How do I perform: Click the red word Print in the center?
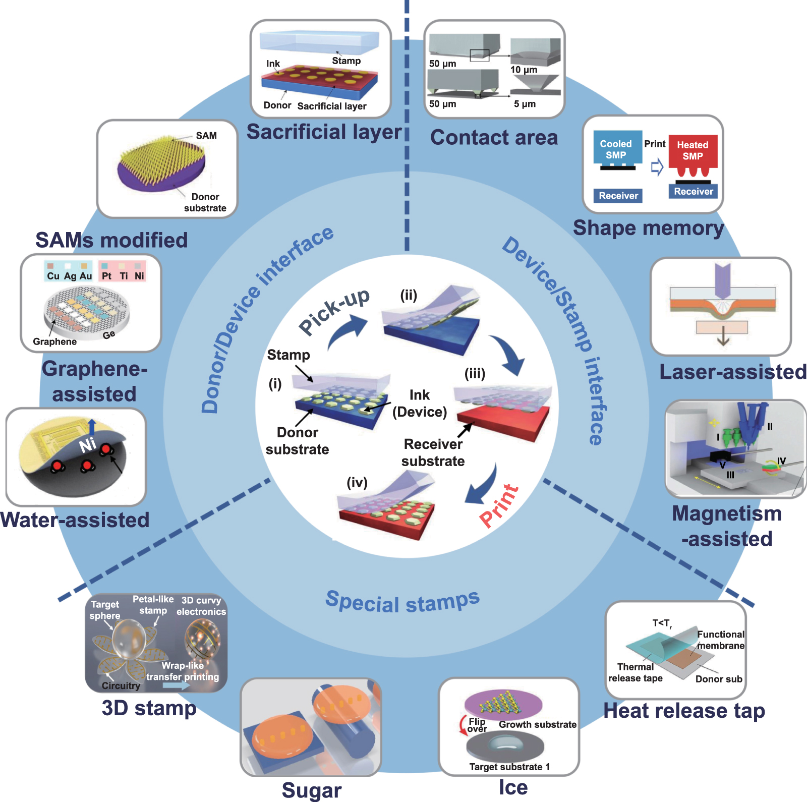pyautogui.click(x=498, y=505)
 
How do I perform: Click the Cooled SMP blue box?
pyautogui.click(x=616, y=149)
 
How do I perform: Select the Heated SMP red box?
pyautogui.click(x=693, y=151)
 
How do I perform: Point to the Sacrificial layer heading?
pyautogui.click(x=324, y=132)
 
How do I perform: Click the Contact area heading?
pyautogui.click(x=494, y=137)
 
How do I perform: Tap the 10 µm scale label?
pyautogui.click(x=524, y=70)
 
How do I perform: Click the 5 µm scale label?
pyautogui.click(x=525, y=104)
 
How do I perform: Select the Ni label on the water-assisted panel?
pyautogui.click(x=88, y=444)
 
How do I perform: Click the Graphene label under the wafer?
pyautogui.click(x=54, y=341)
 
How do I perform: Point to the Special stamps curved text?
pyautogui.click(x=402, y=602)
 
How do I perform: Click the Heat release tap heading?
pyautogui.click(x=684, y=711)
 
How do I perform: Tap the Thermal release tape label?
pyautogui.click(x=635, y=672)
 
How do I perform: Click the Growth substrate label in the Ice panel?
pyautogui.click(x=537, y=724)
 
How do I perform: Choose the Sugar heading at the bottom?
pyautogui.click(x=311, y=790)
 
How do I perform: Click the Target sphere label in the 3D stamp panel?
pyautogui.click(x=104, y=610)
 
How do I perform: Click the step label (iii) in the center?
pyautogui.click(x=475, y=374)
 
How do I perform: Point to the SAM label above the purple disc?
pyautogui.click(x=206, y=136)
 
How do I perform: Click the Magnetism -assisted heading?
pyautogui.click(x=727, y=526)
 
